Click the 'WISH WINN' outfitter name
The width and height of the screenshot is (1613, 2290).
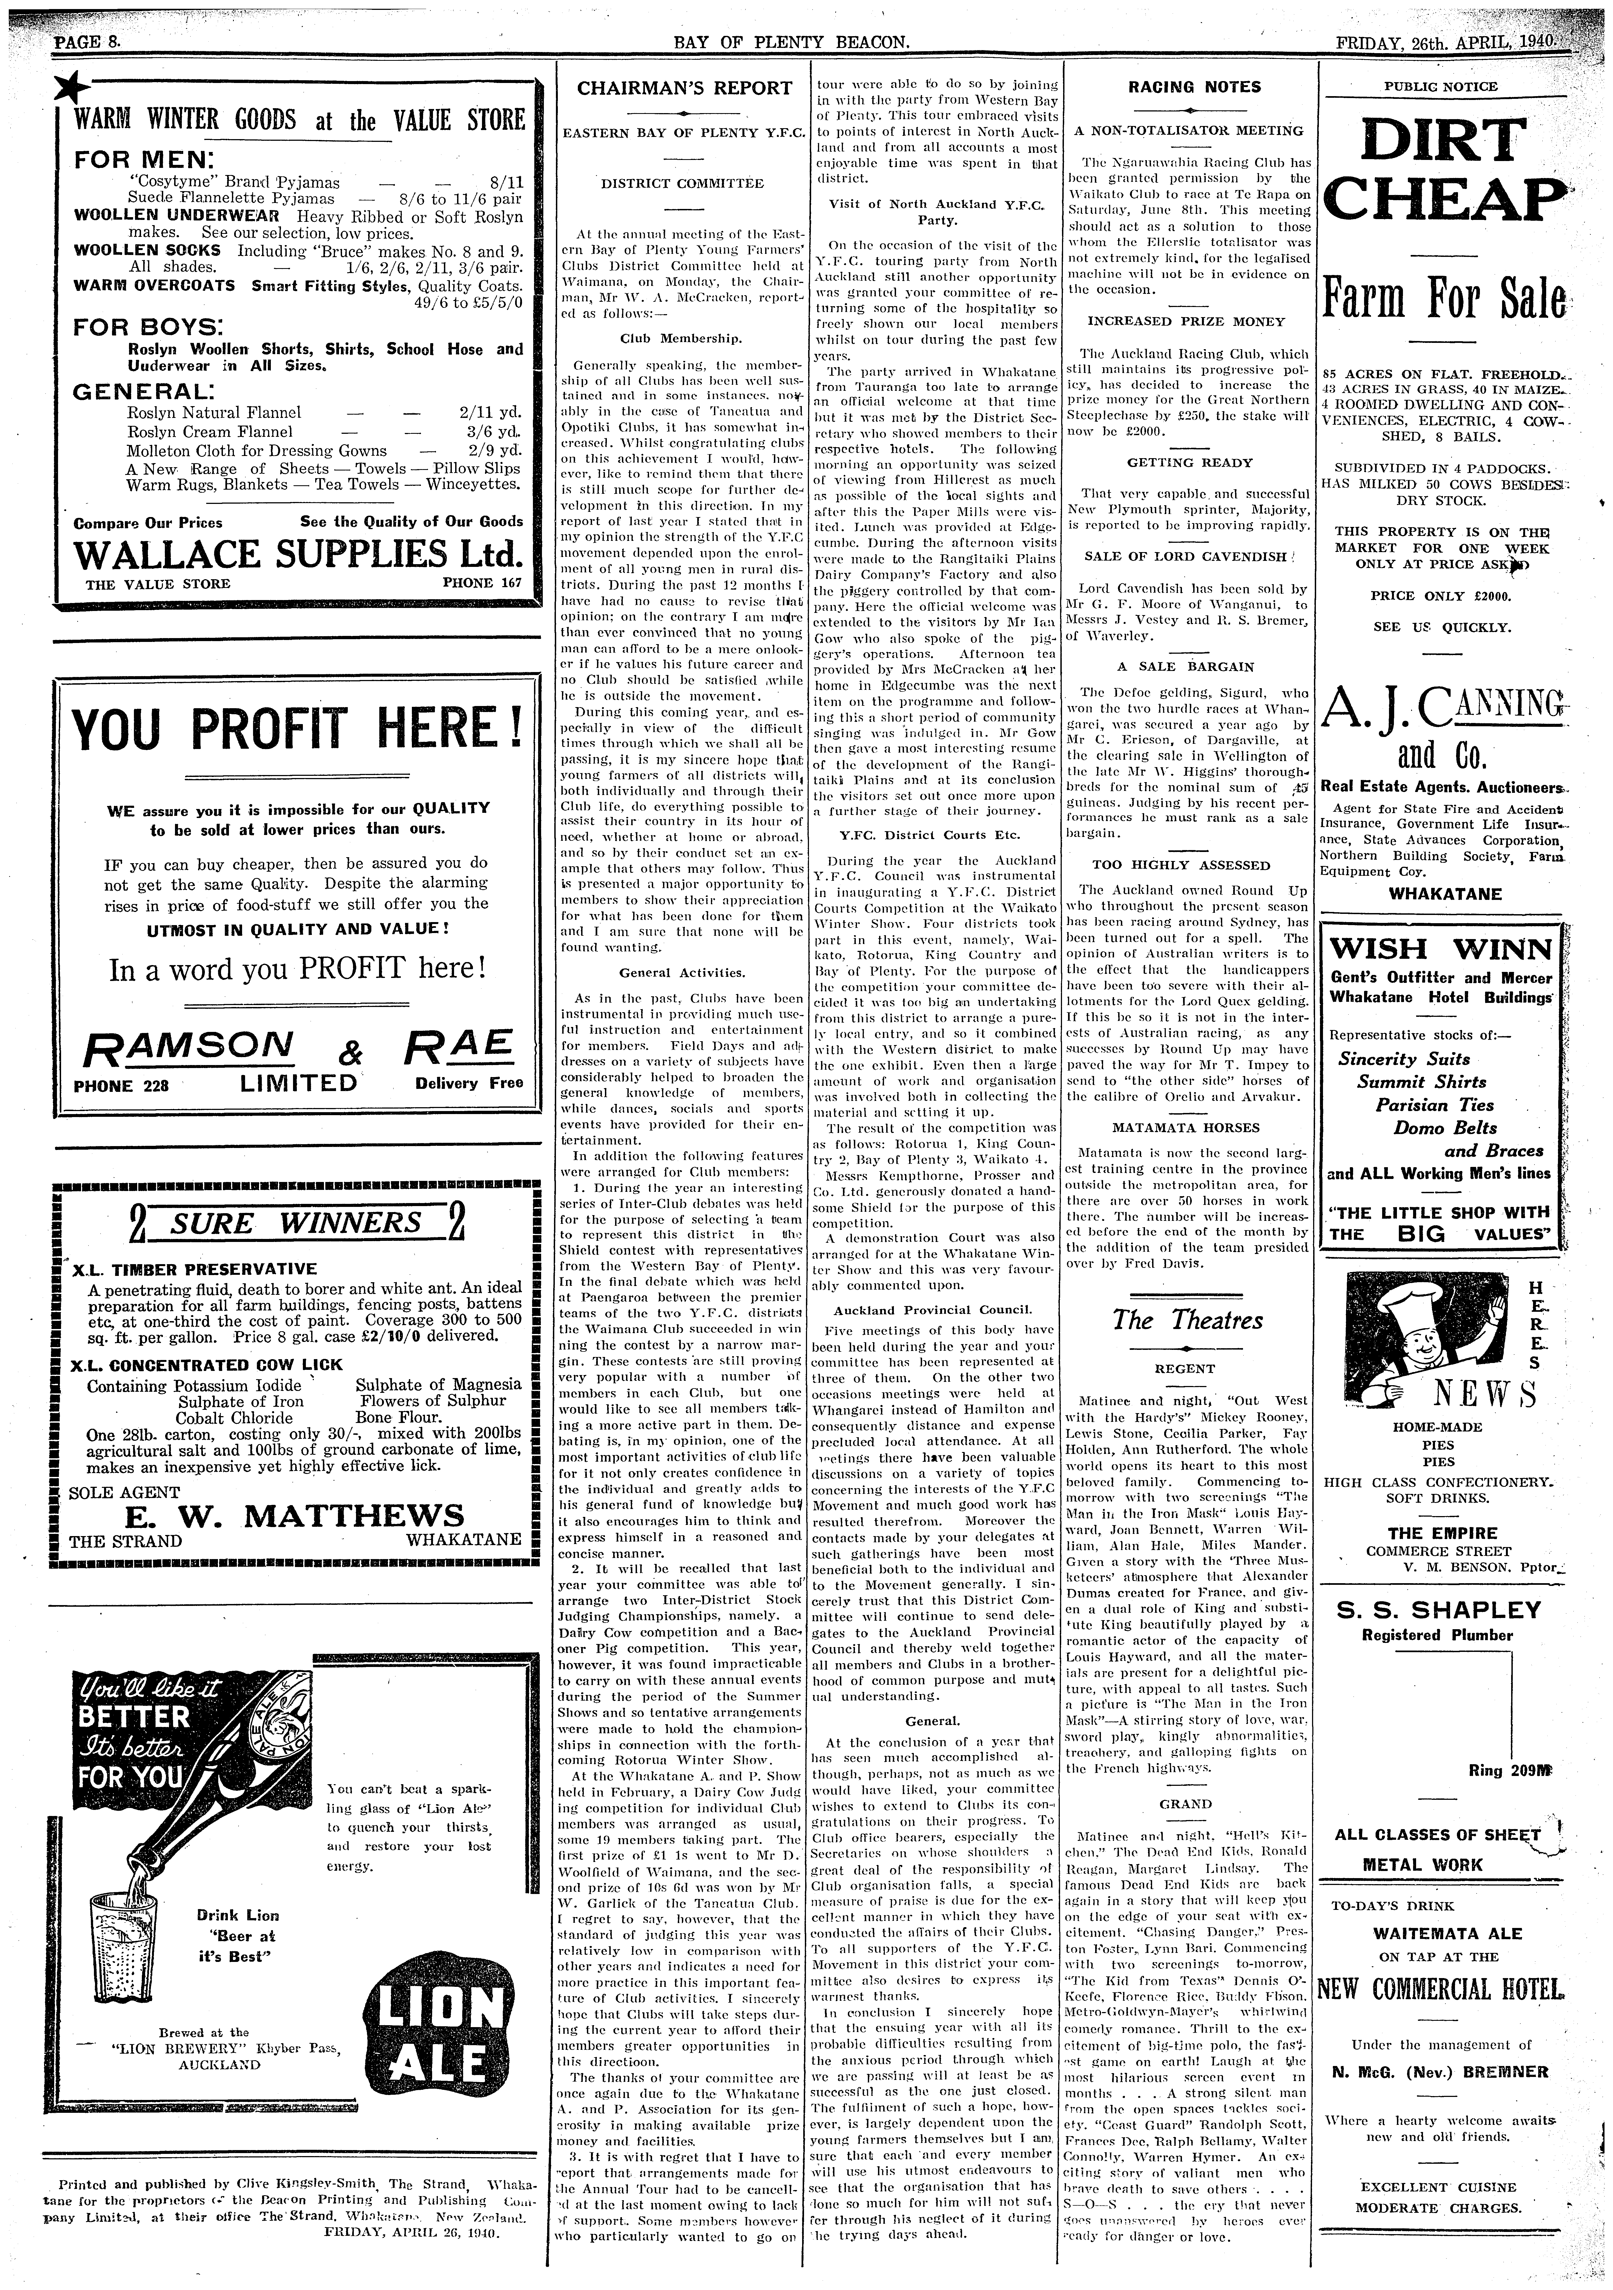pos(1441,946)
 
